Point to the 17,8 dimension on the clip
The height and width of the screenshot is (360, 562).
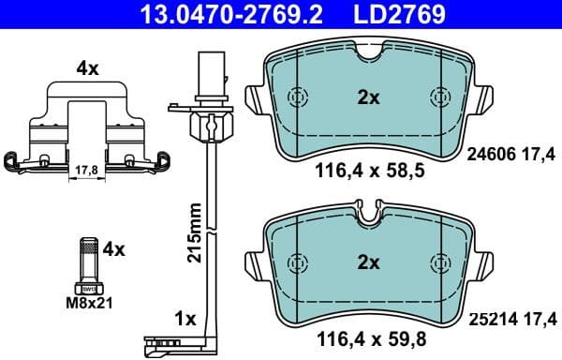click(x=83, y=170)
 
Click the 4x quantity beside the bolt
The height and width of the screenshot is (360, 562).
click(x=113, y=249)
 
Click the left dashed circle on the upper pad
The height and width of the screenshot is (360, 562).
click(x=299, y=97)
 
